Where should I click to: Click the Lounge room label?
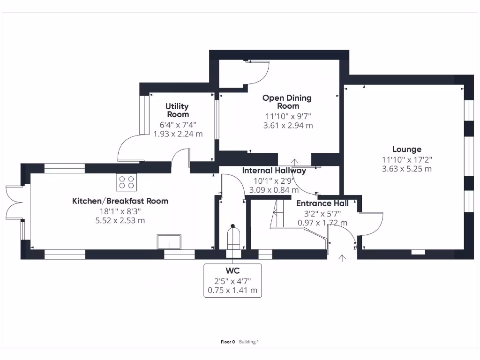[x=406, y=150]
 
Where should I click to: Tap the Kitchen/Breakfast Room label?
[x=120, y=201]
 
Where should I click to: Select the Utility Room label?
[x=177, y=111]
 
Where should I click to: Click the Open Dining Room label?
[x=287, y=102]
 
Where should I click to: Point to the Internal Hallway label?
[x=274, y=171]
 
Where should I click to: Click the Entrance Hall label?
[x=322, y=203]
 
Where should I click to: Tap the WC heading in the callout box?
[x=232, y=271]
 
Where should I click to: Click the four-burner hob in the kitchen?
[x=126, y=181]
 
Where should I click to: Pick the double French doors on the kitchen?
[x=13, y=202]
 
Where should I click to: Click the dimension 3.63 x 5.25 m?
[x=406, y=169]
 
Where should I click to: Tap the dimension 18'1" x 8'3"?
[x=120, y=211]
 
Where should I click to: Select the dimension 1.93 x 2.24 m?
[x=178, y=134]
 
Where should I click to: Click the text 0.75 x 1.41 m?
[x=232, y=290]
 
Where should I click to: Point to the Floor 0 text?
[x=228, y=342]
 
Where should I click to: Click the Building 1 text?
[x=249, y=342]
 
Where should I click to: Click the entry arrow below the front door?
[x=342, y=258]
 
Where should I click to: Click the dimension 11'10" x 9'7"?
[x=288, y=116]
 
